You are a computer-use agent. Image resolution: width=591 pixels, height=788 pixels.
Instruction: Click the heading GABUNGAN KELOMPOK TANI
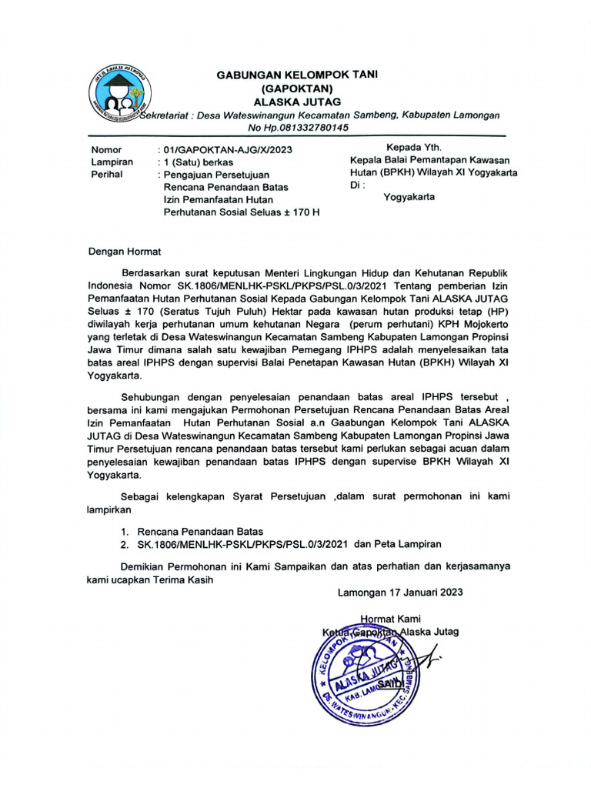(291, 75)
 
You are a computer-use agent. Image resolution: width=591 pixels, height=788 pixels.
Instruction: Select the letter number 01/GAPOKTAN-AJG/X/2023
(223, 149)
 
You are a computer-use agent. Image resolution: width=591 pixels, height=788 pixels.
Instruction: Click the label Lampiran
(112, 162)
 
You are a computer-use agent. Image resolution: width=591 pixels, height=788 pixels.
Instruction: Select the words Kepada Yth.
(413, 147)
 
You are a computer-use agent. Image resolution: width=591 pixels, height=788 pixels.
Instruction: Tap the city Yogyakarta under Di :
(409, 197)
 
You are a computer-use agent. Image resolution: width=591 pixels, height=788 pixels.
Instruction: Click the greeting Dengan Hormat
(124, 250)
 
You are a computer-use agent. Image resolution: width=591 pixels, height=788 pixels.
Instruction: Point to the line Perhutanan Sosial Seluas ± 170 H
(241, 211)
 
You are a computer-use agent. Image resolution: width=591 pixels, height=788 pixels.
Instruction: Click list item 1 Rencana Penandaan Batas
(199, 531)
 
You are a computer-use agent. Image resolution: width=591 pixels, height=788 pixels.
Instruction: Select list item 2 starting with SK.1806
(280, 544)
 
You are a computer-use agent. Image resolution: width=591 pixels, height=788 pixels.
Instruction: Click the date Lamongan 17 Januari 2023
(400, 593)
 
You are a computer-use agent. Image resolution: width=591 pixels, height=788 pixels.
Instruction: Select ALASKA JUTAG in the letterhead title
(291, 102)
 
